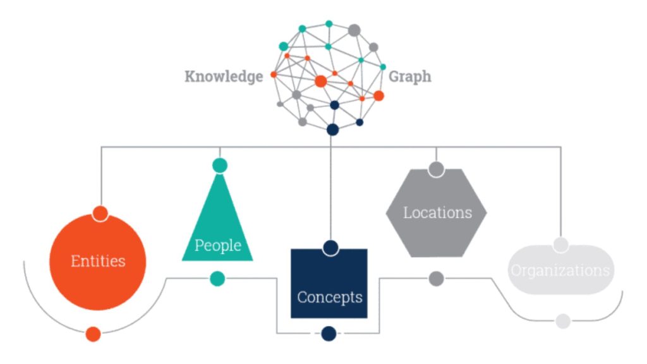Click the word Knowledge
click(x=224, y=77)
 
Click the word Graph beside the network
click(x=410, y=77)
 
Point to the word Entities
click(x=98, y=261)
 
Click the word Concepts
click(x=330, y=296)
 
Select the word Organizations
click(x=560, y=271)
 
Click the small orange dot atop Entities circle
click(x=100, y=213)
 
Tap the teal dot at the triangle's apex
click(x=220, y=166)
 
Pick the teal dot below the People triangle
click(x=217, y=278)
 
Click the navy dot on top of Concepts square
click(x=329, y=247)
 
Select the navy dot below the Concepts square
click(x=329, y=333)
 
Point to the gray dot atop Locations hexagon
click(x=436, y=169)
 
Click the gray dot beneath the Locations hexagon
click(x=436, y=278)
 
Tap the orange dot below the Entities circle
click(x=94, y=334)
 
